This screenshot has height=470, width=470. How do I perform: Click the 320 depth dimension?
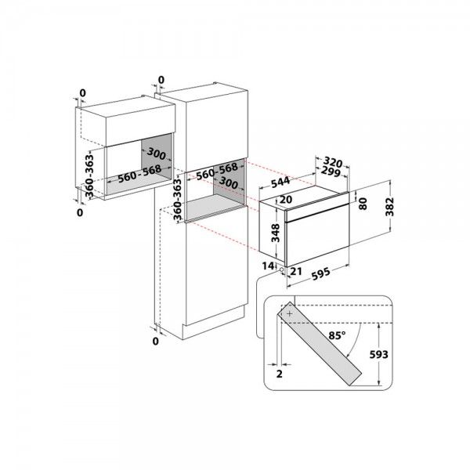(x=334, y=157)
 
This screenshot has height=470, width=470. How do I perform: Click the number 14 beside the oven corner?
(x=267, y=266)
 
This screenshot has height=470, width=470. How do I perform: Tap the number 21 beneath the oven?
(x=295, y=271)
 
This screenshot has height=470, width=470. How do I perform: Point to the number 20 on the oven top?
(x=285, y=201)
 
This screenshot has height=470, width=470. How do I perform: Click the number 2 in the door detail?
(x=279, y=374)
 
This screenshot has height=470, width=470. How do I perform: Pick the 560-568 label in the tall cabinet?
(x=218, y=170)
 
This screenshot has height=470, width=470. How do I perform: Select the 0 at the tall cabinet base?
(x=156, y=342)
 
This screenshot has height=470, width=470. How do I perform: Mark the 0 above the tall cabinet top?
(x=161, y=80)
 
